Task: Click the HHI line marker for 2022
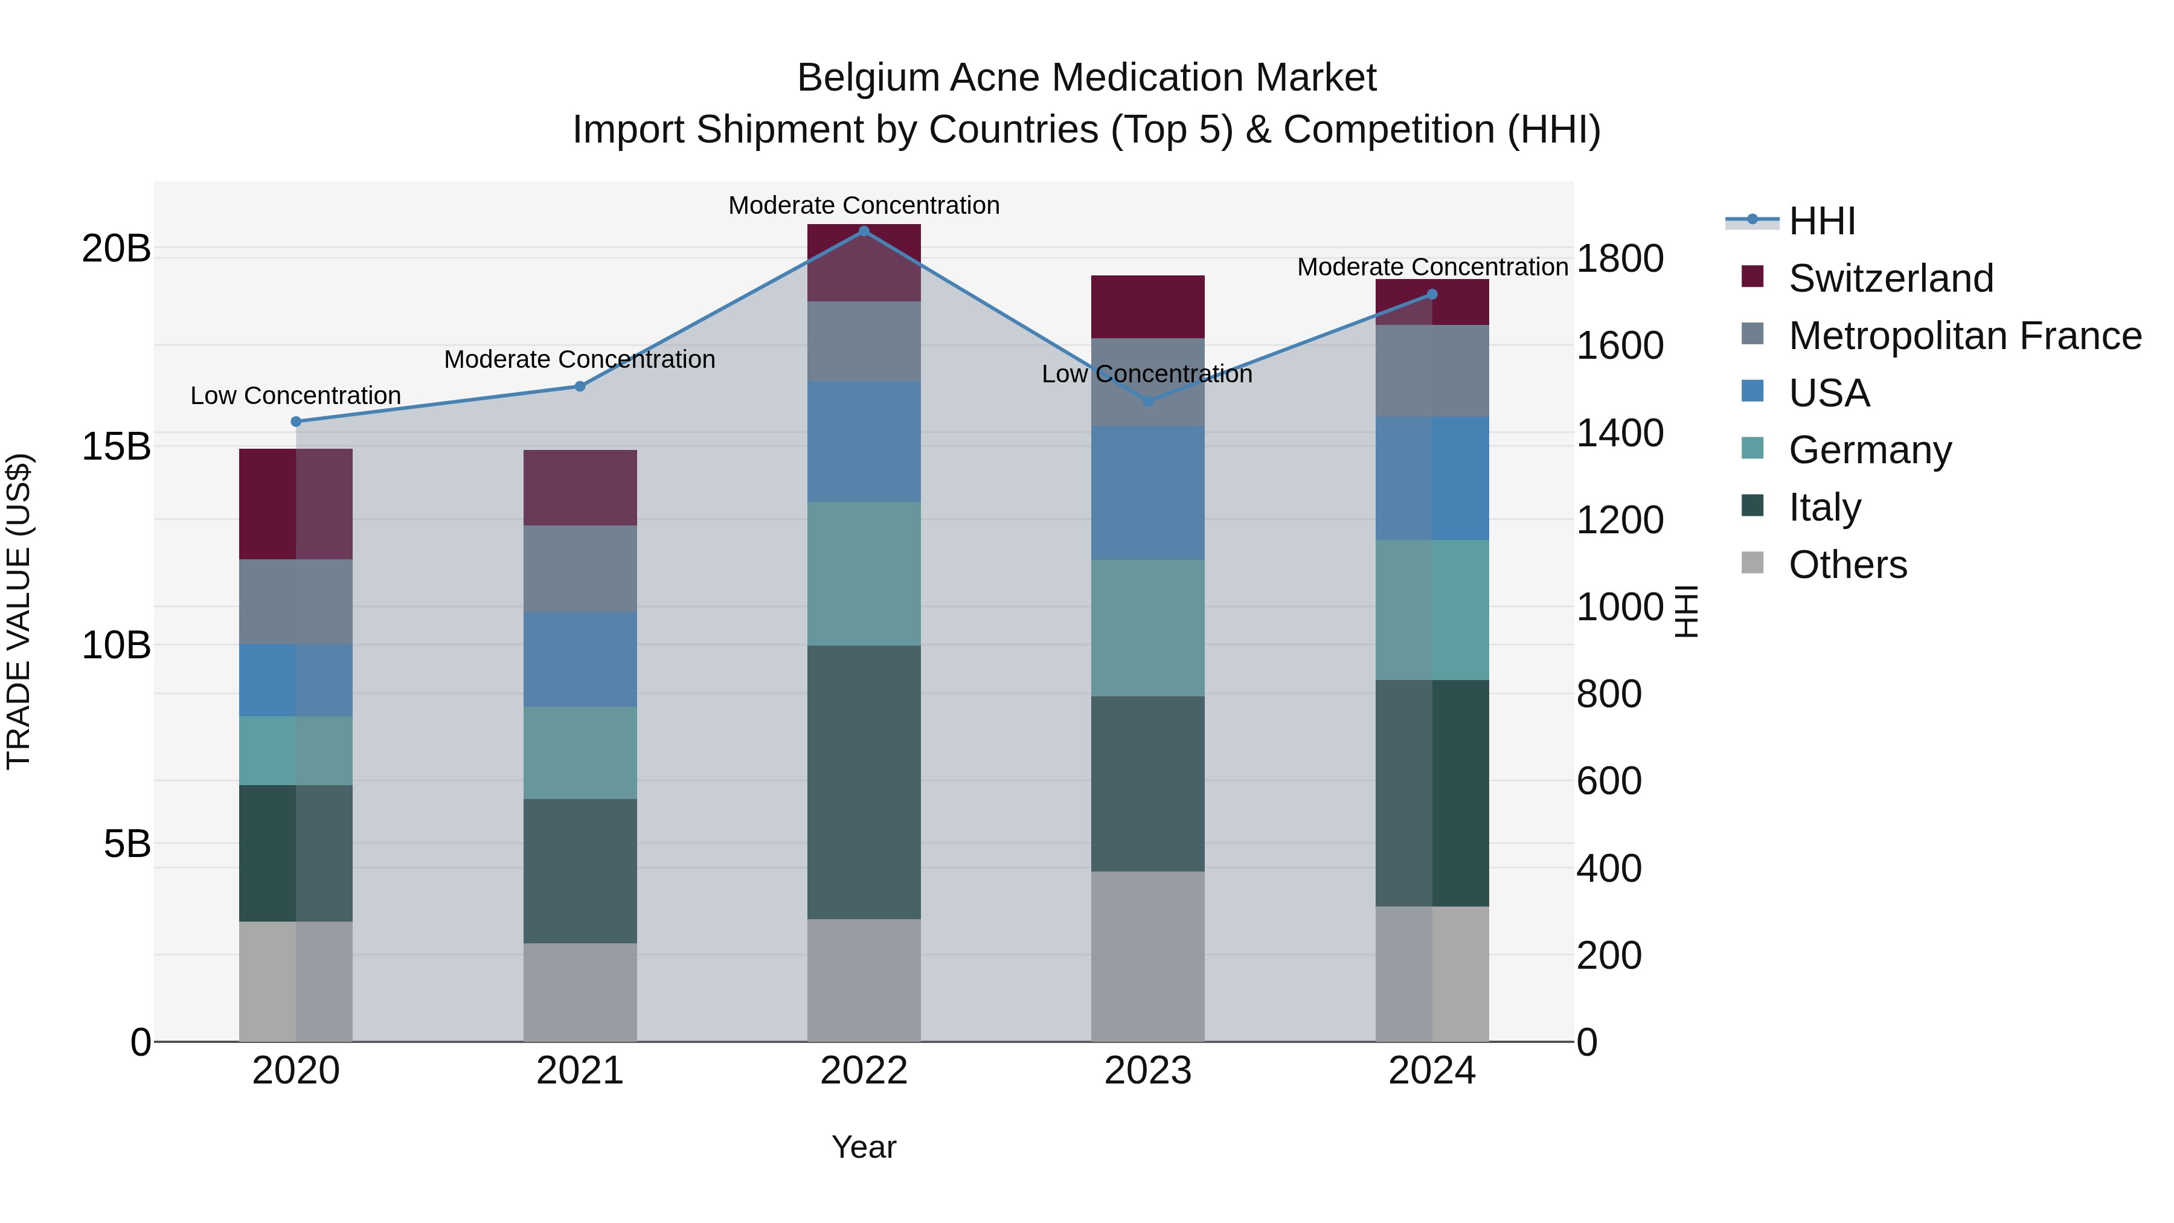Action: point(864,231)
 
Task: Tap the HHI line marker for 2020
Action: point(295,421)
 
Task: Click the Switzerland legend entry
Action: point(1890,278)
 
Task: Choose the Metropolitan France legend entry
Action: point(1964,336)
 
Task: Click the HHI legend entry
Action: point(1821,221)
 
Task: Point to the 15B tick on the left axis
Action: point(115,446)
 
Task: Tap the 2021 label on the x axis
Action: point(580,1071)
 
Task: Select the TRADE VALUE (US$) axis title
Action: point(19,611)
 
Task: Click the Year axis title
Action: point(864,1147)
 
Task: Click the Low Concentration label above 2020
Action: point(295,395)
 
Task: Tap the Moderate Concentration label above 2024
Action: point(1432,267)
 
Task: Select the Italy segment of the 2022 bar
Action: point(864,782)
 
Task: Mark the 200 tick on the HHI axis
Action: point(1609,955)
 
